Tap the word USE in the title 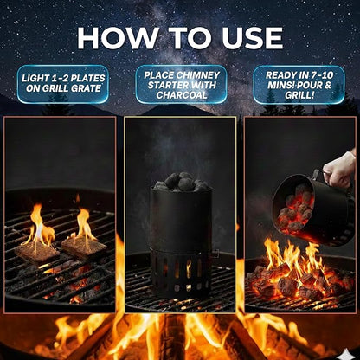pos(247,37)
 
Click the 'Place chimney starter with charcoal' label pos(181,85)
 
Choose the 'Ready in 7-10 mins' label pos(299,85)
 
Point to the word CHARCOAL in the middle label pos(181,96)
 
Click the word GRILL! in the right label pos(299,96)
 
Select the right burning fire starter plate pos(85,244)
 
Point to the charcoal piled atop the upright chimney pos(180,182)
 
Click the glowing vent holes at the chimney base pos(179,268)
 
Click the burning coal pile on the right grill pos(294,277)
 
